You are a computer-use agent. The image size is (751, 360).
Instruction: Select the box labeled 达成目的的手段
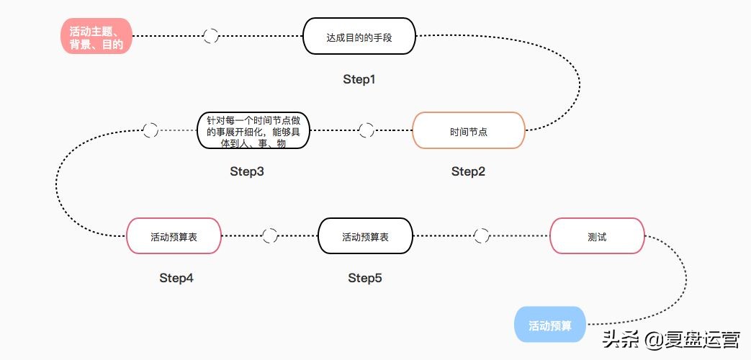359,36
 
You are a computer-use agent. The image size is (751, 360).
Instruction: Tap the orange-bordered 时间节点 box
468,131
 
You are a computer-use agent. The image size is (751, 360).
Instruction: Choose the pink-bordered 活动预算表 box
174,236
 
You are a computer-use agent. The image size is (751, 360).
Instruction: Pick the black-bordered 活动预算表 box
365,236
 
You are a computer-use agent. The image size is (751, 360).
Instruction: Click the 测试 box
597,236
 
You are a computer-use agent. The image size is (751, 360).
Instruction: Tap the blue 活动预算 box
550,325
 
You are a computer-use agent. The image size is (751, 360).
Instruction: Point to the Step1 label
359,79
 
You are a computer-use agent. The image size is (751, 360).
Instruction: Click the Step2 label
468,171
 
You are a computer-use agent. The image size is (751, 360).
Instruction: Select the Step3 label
247,171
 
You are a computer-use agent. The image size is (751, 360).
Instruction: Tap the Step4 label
176,277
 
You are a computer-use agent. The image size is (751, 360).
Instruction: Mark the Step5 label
365,277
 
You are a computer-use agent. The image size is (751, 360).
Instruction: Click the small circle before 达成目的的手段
211,36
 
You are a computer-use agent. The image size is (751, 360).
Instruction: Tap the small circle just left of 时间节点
366,130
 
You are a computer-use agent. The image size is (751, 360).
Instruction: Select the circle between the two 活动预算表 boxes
270,236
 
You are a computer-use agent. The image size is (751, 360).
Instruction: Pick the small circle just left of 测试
482,236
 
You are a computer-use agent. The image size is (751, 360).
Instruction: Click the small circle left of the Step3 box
150,130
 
